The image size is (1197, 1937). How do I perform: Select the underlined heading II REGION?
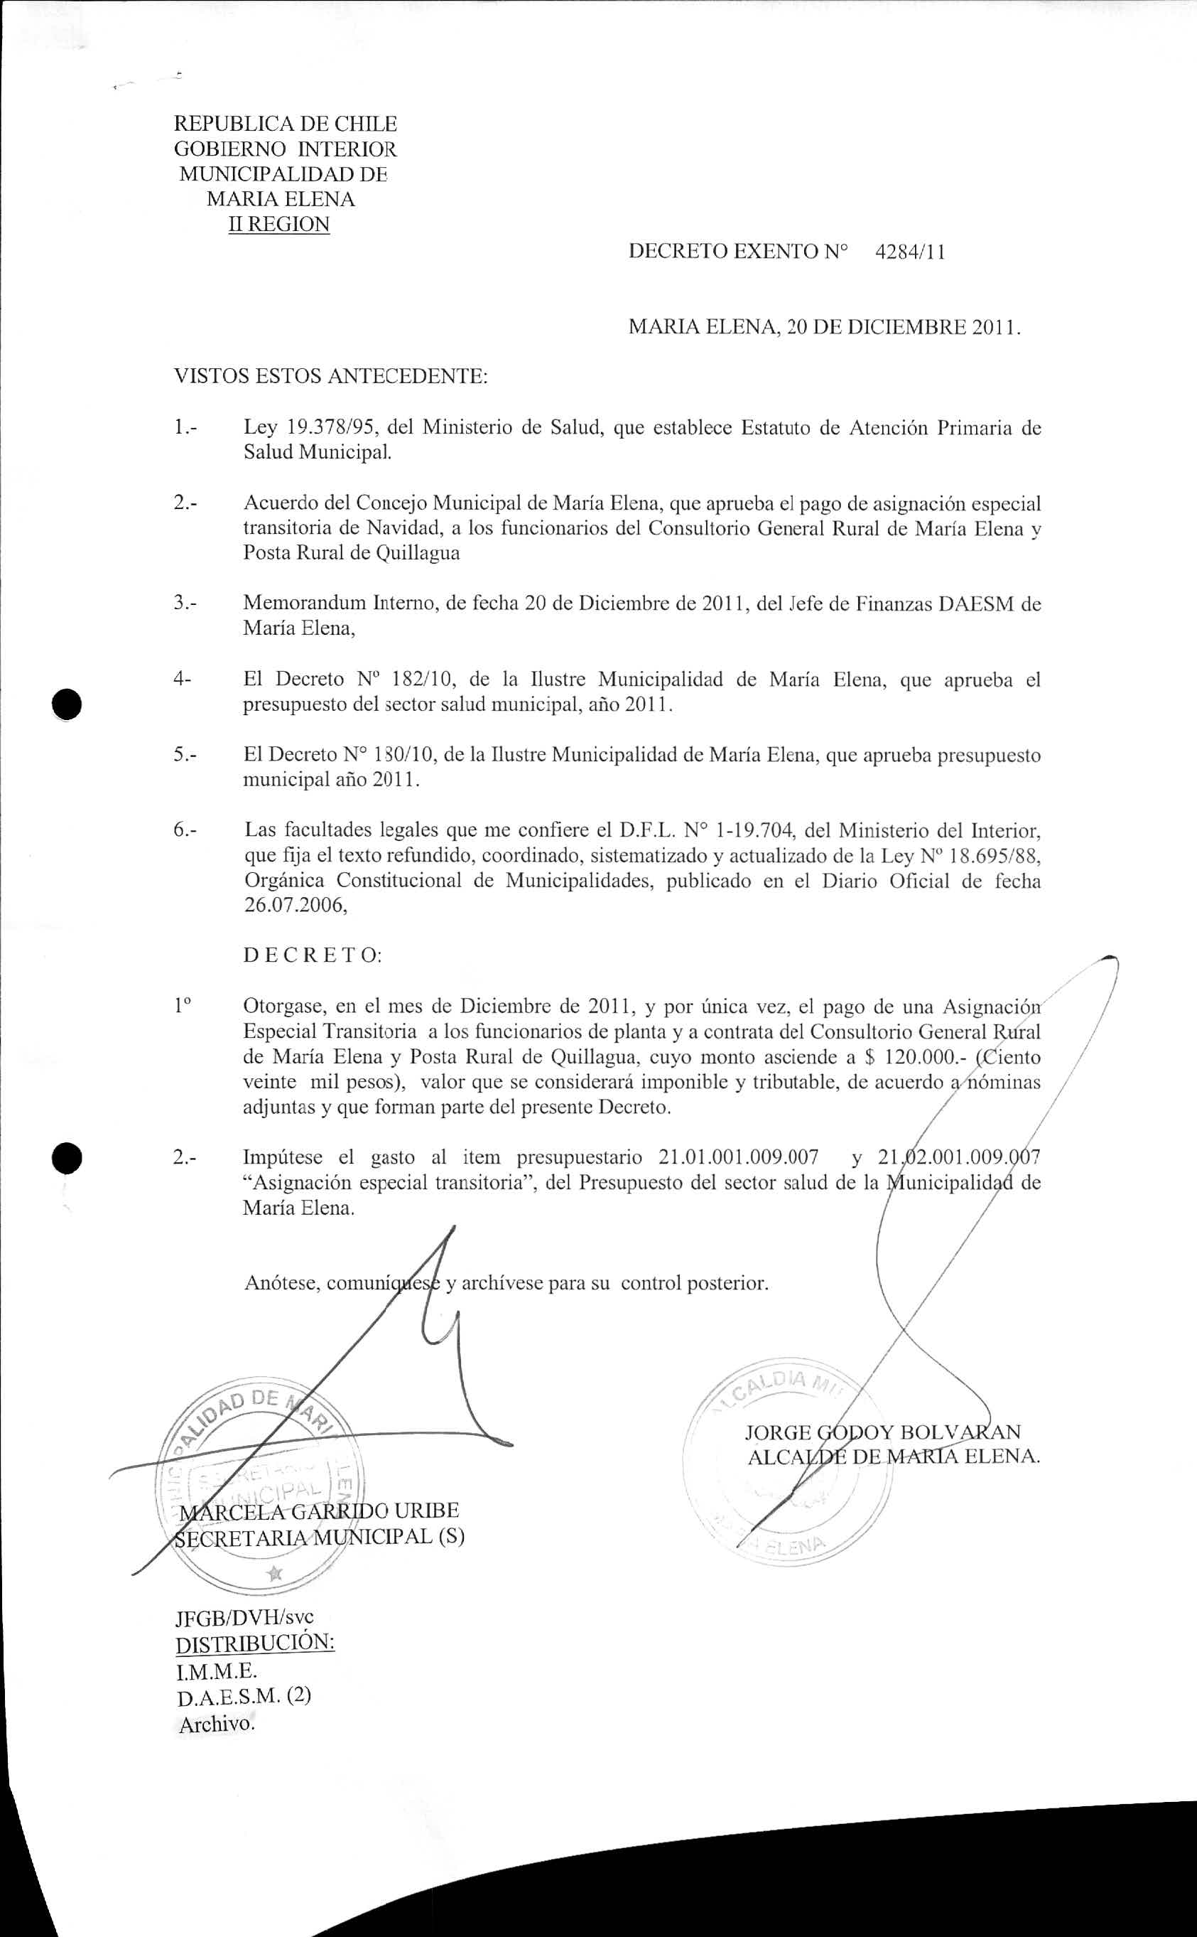(278, 224)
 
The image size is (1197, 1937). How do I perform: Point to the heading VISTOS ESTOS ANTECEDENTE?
(330, 375)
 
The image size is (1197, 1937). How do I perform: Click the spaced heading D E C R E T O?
(313, 956)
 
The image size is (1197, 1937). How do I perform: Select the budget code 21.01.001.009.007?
(739, 1158)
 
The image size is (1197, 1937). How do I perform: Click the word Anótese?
(282, 1283)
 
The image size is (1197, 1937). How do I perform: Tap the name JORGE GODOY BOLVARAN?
(883, 1432)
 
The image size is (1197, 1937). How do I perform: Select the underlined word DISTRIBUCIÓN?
(255, 1643)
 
